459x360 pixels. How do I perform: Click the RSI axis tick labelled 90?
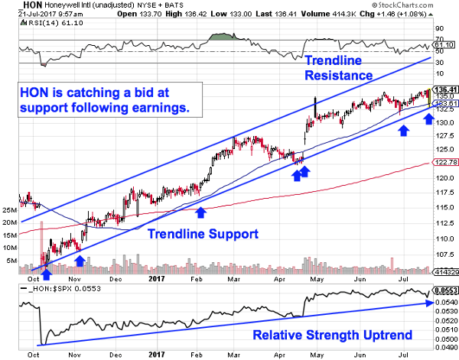(x=440, y=28)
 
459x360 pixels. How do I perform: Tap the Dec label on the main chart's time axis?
(x=116, y=279)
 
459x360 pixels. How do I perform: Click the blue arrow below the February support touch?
(x=200, y=212)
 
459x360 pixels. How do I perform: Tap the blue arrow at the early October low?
(x=46, y=264)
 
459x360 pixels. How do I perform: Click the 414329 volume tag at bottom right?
(x=444, y=272)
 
